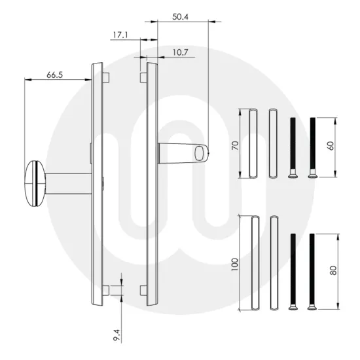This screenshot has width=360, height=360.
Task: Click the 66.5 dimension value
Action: coord(54,75)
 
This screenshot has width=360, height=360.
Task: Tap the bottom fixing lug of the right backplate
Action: coord(142,289)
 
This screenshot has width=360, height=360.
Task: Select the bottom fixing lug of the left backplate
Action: coord(105,289)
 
